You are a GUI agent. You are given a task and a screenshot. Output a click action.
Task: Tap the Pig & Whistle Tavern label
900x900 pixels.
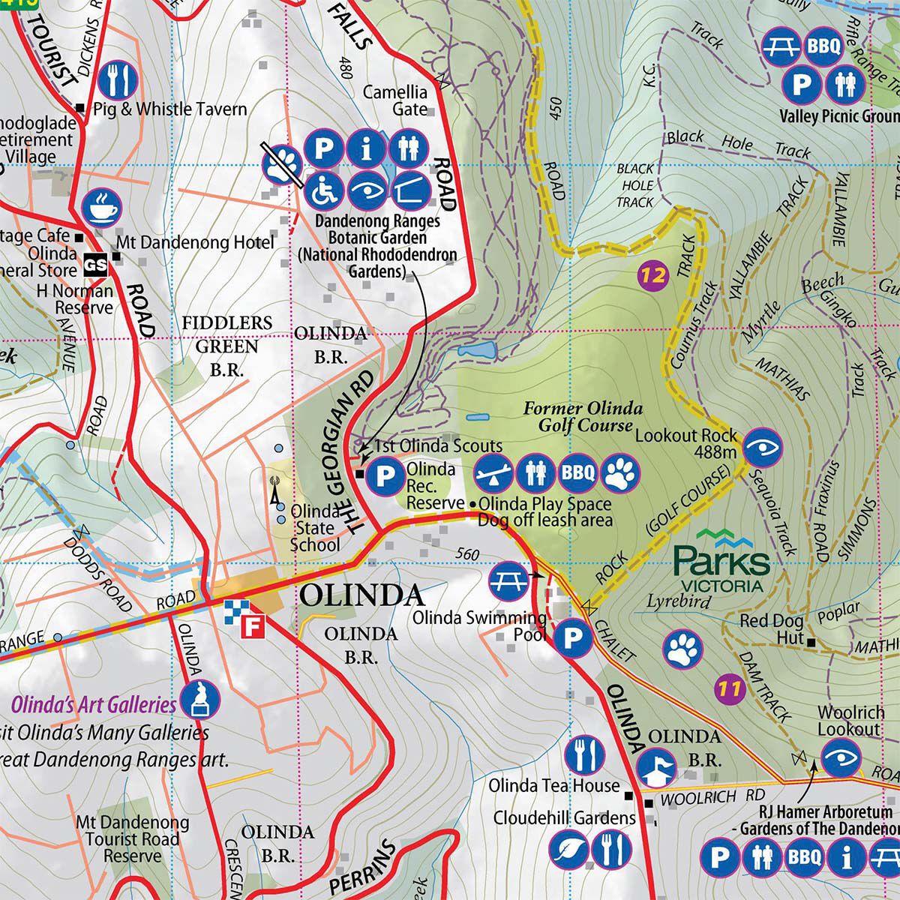click(170, 109)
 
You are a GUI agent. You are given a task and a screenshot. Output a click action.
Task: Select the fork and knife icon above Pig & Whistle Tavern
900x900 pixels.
click(119, 76)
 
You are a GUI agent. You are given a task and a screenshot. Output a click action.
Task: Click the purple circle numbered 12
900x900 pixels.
click(653, 274)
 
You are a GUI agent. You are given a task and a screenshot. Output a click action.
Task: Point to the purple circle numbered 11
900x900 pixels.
click(729, 687)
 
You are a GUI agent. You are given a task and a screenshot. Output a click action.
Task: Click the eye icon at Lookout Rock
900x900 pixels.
click(763, 449)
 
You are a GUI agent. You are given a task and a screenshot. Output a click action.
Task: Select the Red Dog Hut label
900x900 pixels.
click(772, 622)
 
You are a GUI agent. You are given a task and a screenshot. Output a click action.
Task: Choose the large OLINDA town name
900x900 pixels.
click(361, 597)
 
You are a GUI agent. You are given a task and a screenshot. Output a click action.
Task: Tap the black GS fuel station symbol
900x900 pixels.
click(95, 264)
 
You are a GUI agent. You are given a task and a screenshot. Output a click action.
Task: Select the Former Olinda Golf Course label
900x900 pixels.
click(583, 417)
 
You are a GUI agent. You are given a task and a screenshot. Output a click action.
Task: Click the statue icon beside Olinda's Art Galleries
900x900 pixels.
click(201, 700)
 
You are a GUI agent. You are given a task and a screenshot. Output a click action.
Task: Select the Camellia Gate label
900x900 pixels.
click(395, 100)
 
